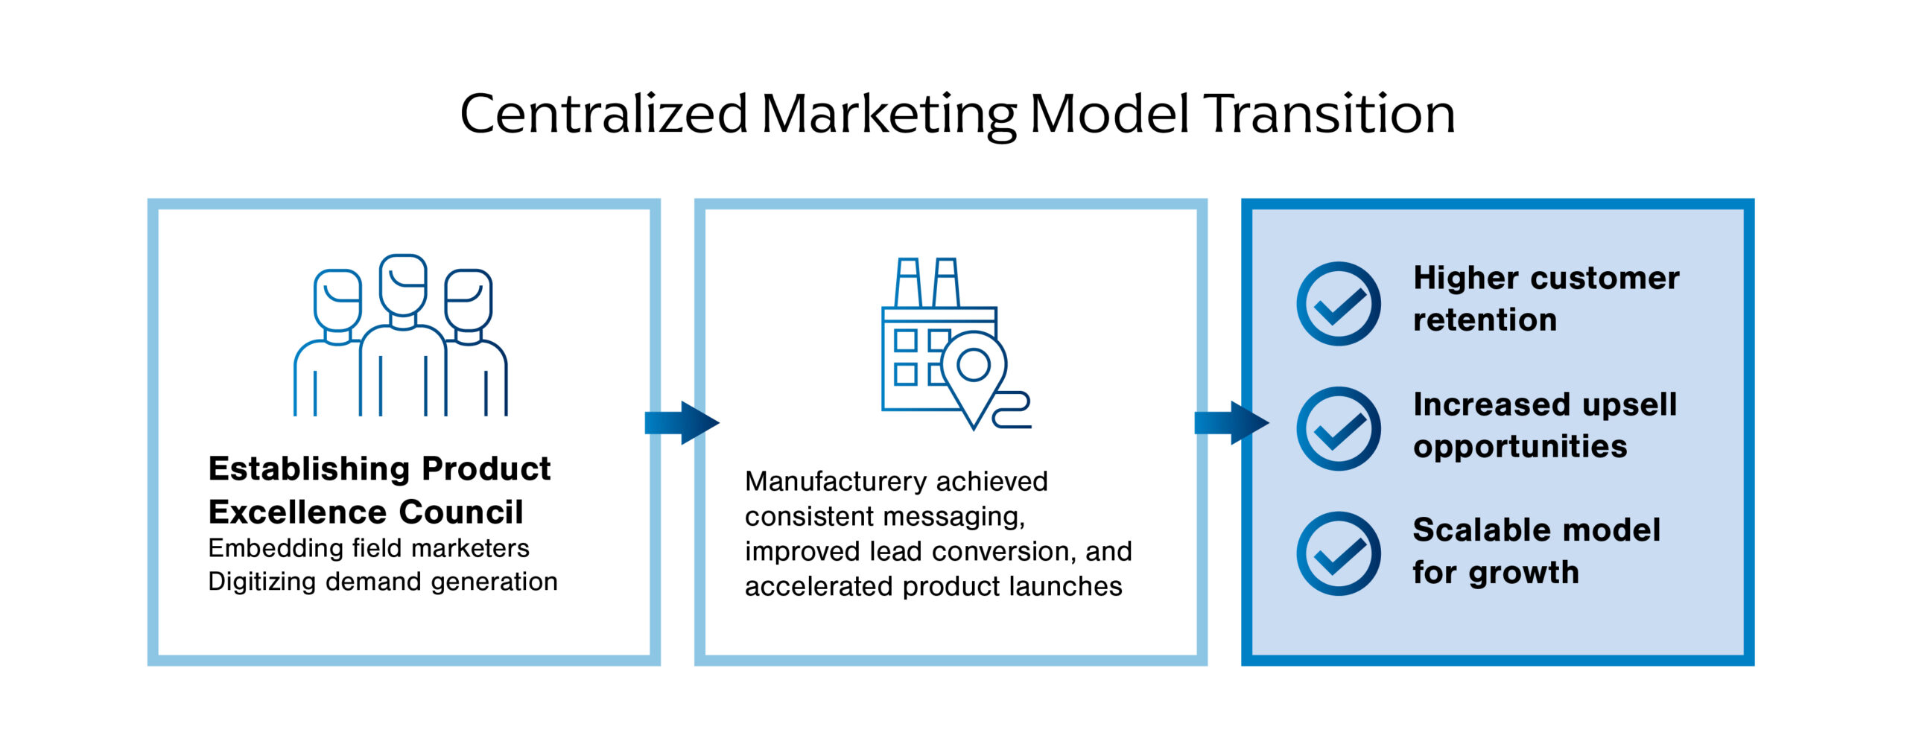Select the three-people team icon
(401, 335)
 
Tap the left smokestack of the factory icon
(908, 283)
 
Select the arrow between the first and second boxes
(682, 423)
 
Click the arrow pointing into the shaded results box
(1231, 423)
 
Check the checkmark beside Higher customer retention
(1338, 304)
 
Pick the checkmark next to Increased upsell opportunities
(1338, 429)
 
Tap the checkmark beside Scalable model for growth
(1338, 554)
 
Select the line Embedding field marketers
(369, 548)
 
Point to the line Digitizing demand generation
(383, 582)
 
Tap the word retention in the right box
(1485, 320)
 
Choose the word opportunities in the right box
(1520, 447)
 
